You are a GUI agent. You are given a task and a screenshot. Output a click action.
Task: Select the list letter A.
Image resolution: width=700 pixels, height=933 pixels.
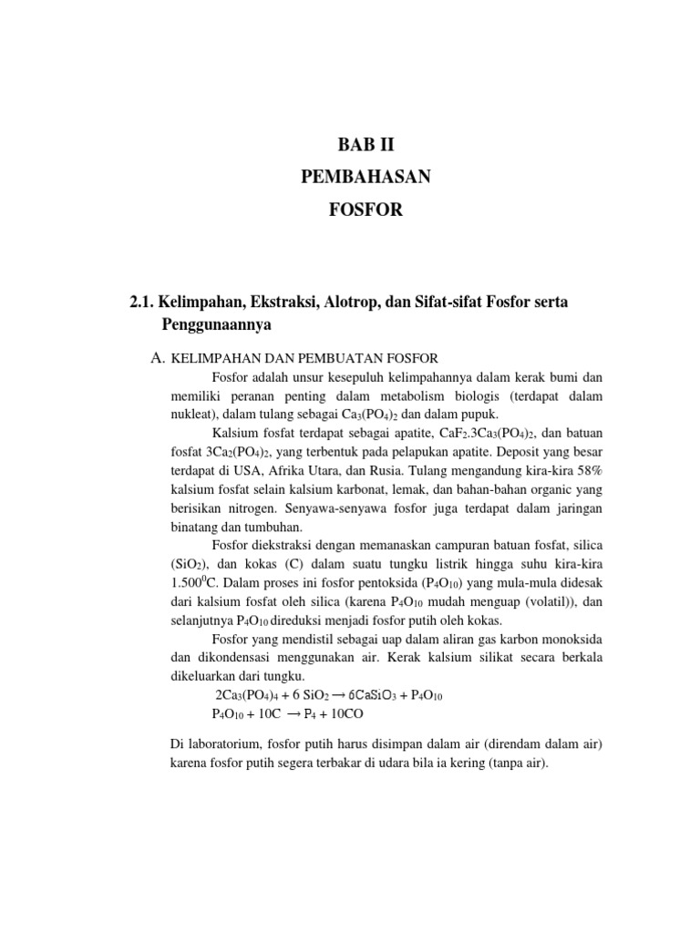tap(157, 359)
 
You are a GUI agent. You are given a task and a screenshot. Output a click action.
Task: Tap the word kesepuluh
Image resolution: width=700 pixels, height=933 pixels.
tap(352, 377)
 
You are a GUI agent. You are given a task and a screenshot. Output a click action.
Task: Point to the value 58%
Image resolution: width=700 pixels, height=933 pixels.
tap(584, 471)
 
